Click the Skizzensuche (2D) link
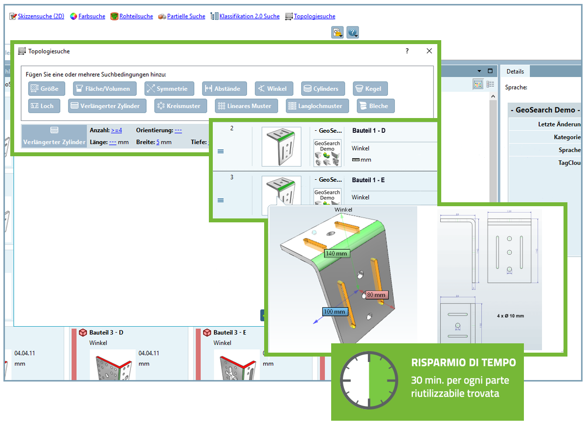(41, 16)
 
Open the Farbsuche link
(91, 16)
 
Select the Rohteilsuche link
(136, 16)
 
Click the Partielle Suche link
(186, 16)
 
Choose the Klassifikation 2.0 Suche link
(249, 16)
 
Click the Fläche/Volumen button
(105, 89)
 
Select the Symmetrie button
(169, 89)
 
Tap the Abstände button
(225, 89)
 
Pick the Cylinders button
(323, 89)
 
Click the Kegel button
(370, 89)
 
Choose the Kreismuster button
(179, 106)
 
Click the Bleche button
(376, 106)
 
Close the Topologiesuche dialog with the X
(429, 51)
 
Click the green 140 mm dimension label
(337, 253)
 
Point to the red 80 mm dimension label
(376, 295)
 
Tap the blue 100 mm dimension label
(335, 311)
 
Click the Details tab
(515, 72)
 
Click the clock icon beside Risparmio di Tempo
(369, 381)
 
